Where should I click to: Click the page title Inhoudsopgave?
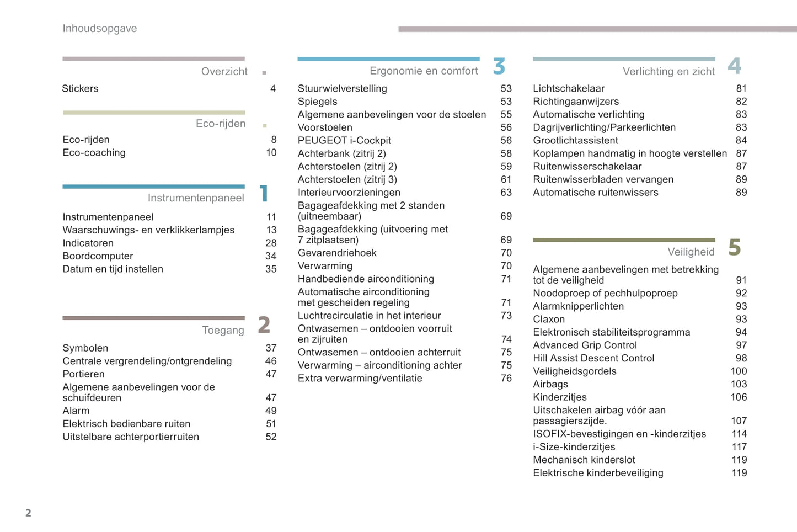coord(100,29)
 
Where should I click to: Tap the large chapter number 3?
coord(499,66)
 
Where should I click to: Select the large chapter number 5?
coord(734,248)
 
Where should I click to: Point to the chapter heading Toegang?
coord(223,331)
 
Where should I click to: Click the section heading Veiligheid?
coord(691,252)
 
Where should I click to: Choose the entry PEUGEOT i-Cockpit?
coord(344,141)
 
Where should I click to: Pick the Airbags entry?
coord(550,385)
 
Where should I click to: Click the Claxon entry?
coord(549,320)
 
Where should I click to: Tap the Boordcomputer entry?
coord(98,256)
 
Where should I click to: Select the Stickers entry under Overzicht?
coord(80,89)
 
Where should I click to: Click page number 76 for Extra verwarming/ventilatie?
coord(506,379)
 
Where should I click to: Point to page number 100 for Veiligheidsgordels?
coord(739,371)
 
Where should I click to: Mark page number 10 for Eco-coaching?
coord(271,153)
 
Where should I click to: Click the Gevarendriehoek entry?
coord(337,253)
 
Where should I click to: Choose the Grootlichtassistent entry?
coord(575,141)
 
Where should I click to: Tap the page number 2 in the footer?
coord(28,513)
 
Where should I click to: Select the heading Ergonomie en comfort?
coord(424,71)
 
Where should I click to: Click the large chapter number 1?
coord(264,193)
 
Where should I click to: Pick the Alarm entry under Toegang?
coord(76,411)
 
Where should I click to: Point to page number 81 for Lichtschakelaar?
coord(741,89)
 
